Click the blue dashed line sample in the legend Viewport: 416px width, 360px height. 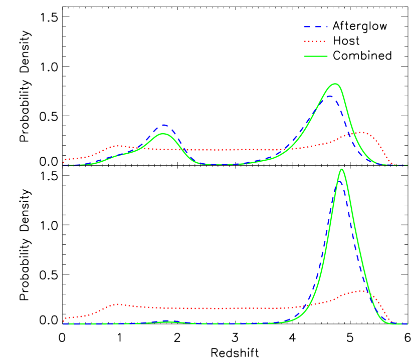coord(316,27)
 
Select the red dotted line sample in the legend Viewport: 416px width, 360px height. coord(316,42)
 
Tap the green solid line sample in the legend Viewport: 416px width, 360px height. coord(316,57)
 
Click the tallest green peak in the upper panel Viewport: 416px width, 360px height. coord(335,84)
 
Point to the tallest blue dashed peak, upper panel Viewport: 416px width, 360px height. coord(329,95)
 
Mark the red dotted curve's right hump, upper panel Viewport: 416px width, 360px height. coord(360,132)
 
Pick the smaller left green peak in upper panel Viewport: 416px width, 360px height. coord(162,134)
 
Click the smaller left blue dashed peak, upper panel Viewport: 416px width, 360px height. coord(163,125)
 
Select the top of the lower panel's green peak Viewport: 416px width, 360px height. coord(342,169)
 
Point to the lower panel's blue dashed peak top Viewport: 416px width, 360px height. coord(339,181)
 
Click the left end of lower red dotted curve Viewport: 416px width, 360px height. coord(64,320)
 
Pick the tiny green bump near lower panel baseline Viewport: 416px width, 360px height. coord(168,322)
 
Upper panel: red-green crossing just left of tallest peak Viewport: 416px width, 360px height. coord(289,149)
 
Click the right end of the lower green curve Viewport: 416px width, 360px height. coord(407,324)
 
